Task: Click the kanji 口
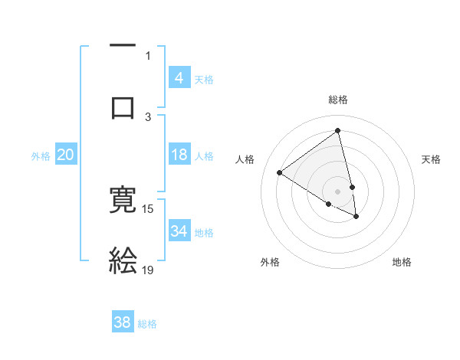click(123, 106)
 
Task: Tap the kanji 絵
click(123, 260)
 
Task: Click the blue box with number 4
click(179, 77)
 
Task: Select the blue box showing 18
click(179, 155)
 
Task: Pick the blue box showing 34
click(179, 231)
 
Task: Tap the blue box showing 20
click(66, 155)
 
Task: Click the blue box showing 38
click(123, 322)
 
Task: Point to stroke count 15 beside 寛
click(148, 208)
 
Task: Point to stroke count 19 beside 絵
click(148, 270)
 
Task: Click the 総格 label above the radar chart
click(338, 100)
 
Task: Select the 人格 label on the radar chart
click(245, 159)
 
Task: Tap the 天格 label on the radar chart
click(432, 159)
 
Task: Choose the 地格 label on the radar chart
click(402, 262)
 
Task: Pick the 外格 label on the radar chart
click(270, 262)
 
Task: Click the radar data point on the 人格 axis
click(280, 173)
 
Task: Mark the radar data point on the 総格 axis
click(338, 130)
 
